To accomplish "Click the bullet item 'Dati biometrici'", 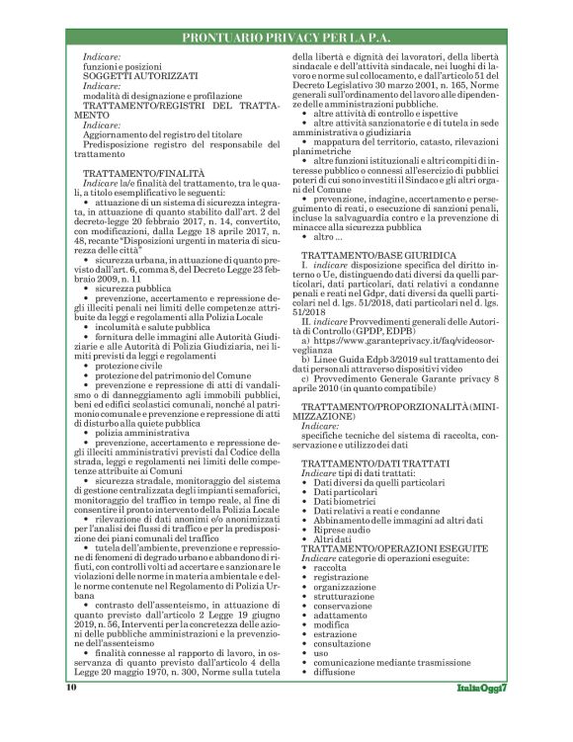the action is pos(346,500).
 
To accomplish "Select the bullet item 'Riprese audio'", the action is pos(343,528).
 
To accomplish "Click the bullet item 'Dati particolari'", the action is pos(347,491).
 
